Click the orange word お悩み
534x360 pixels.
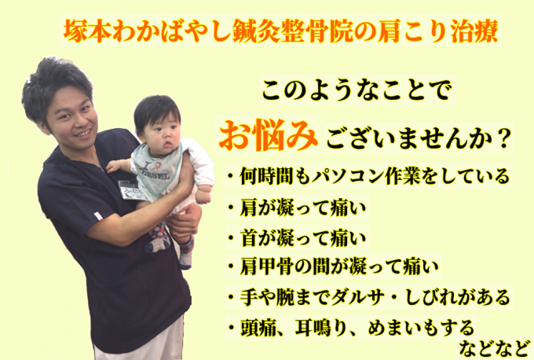269,135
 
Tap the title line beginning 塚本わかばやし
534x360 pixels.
281,31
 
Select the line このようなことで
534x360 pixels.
357,90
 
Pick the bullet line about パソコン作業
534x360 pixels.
368,176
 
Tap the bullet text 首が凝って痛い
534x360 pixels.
297,237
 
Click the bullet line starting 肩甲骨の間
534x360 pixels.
333,266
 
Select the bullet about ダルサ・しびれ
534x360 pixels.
368,296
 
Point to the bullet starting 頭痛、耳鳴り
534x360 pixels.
351,327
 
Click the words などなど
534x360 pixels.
495,348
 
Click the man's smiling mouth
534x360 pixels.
82,133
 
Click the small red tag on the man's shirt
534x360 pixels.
98,216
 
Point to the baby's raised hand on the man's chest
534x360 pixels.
114,167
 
